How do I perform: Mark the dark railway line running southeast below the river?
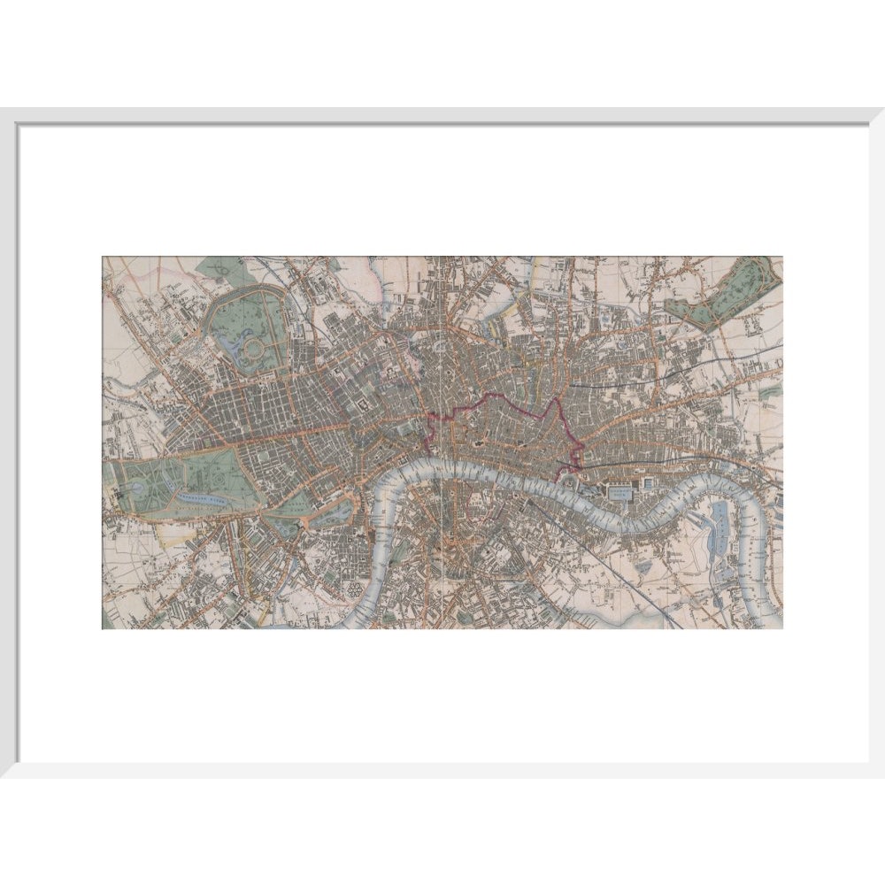point(619,566)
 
